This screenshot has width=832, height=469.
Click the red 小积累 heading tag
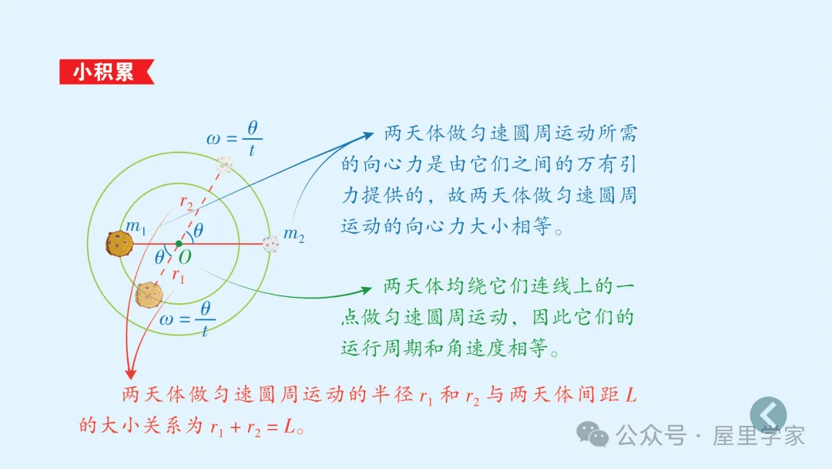(105, 72)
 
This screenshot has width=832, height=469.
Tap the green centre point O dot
(179, 244)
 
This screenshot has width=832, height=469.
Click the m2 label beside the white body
(294, 235)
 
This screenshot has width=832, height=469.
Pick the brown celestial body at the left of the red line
(119, 244)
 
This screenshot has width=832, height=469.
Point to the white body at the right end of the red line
(270, 244)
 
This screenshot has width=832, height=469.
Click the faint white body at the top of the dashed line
(225, 163)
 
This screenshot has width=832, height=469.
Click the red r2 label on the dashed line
(186, 202)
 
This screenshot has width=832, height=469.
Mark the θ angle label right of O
(199, 230)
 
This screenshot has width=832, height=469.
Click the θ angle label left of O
(160, 257)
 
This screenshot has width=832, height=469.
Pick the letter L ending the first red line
(631, 396)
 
